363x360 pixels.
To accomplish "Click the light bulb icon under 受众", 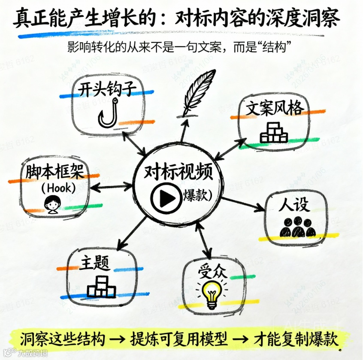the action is (211, 293).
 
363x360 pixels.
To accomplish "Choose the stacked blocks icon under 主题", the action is (101, 287).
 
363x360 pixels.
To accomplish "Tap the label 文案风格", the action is (275, 107).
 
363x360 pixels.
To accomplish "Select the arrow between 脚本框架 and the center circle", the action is (111, 187).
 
